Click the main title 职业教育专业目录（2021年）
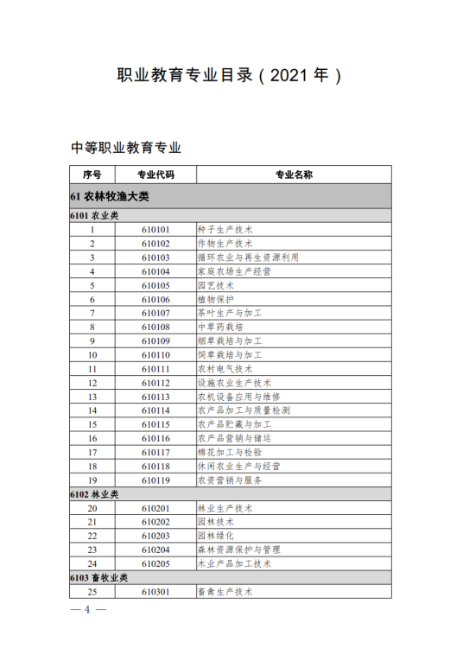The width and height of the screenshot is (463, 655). coord(230,76)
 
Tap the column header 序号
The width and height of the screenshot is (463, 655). coord(92,175)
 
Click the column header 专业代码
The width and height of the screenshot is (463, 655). coord(155,175)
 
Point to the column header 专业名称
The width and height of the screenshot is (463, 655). coord(294,175)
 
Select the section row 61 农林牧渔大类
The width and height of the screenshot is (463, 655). coord(110,196)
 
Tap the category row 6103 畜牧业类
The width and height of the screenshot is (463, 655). coord(99,577)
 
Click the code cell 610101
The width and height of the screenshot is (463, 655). coord(155,230)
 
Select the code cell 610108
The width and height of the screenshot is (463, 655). coord(155,327)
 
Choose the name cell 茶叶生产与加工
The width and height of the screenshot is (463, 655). coord(229,313)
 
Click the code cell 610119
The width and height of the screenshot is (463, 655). coord(155,480)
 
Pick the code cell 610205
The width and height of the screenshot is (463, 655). coord(155,563)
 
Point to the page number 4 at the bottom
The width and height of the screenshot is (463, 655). coord(87,609)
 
